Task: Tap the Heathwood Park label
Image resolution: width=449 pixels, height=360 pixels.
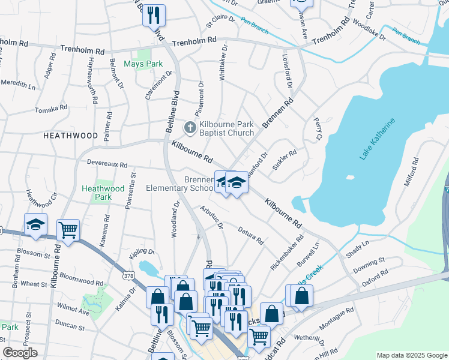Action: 97,193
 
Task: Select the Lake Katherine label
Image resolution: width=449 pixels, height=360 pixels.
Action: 378,139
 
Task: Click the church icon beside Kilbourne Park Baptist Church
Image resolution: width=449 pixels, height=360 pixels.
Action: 190,127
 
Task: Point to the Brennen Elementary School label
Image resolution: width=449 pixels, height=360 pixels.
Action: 180,184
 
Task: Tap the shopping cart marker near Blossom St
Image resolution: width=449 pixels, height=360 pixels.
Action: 68,229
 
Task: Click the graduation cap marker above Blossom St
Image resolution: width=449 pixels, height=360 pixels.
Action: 35,224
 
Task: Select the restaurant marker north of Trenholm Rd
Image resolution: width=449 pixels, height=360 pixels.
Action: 154,14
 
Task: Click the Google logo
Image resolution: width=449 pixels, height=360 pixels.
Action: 20,353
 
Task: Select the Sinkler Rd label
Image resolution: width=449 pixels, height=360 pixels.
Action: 285,160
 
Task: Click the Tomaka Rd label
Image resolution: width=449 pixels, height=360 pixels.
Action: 51,109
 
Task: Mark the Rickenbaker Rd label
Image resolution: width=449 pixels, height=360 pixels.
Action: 287,254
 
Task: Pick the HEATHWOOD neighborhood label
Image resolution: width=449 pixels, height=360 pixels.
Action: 70,136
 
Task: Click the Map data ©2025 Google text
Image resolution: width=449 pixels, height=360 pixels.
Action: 411,355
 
